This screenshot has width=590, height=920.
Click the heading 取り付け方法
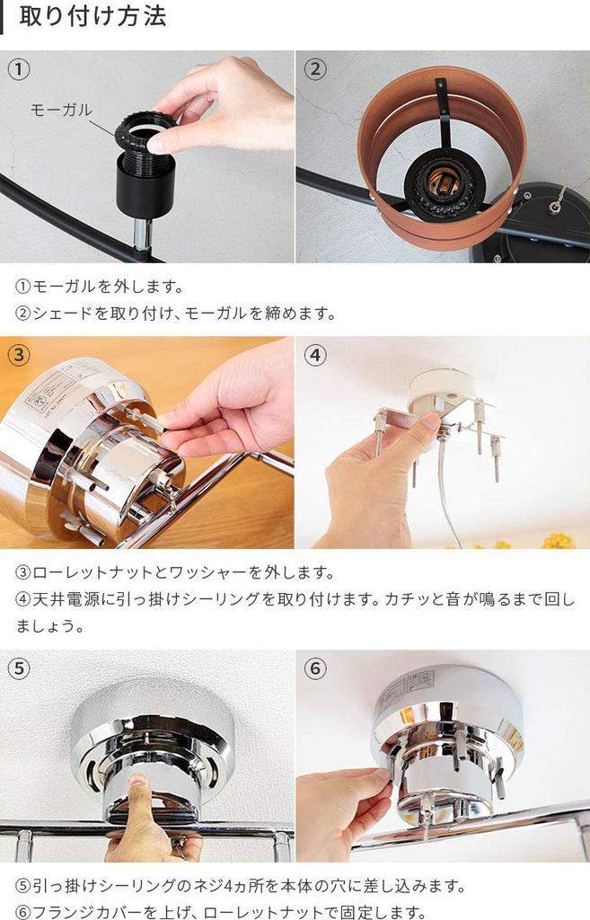point(92,17)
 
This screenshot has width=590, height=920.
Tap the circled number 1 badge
point(19,69)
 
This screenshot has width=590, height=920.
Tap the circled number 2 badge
point(314,69)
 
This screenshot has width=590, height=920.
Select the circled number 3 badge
point(19,355)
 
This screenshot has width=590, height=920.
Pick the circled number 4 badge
point(314,355)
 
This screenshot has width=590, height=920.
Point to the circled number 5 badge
point(19,668)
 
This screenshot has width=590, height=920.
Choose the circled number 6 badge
point(314,668)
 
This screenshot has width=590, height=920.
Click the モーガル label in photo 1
point(60,110)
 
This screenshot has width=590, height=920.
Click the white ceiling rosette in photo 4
point(440,389)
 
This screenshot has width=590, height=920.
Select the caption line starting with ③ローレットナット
point(175,572)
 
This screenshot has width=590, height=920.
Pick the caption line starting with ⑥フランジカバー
point(220,912)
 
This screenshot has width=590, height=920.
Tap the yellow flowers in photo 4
point(558,541)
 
